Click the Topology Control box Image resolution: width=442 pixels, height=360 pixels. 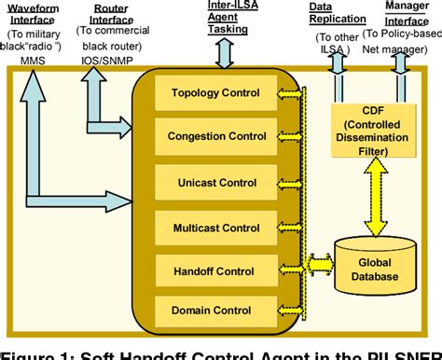pyautogui.click(x=215, y=94)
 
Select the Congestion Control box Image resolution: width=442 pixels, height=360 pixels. pyautogui.click(x=215, y=135)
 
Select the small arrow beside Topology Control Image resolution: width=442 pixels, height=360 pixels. pyautogui.click(x=289, y=94)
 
